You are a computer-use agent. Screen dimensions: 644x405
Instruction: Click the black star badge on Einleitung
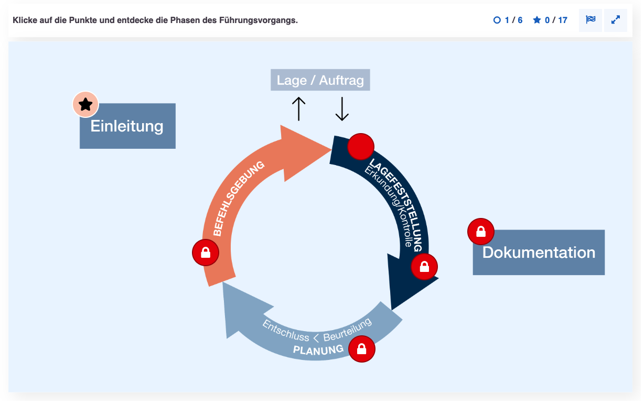(x=85, y=104)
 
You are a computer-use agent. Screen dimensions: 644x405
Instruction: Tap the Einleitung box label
(x=127, y=126)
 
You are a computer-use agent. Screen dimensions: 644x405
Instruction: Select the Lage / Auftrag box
(x=320, y=80)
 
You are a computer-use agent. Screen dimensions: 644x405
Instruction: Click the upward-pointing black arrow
(x=299, y=109)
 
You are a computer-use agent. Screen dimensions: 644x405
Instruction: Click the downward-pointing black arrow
(x=342, y=109)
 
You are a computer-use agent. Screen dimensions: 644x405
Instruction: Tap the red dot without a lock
(x=361, y=147)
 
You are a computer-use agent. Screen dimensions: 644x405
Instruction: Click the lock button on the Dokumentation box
(x=481, y=232)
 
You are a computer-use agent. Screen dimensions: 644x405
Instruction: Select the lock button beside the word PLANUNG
(x=362, y=349)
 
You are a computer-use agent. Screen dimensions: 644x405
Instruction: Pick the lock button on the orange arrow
(x=206, y=253)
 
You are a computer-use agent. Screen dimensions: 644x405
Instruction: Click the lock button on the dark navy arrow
(x=424, y=267)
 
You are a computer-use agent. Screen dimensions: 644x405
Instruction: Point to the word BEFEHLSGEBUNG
(x=238, y=199)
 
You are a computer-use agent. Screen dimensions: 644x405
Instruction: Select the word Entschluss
(x=285, y=331)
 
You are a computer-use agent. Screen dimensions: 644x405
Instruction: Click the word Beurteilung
(x=348, y=330)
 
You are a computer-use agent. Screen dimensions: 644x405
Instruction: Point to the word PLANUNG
(x=318, y=350)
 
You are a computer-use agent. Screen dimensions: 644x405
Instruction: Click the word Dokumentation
(x=539, y=253)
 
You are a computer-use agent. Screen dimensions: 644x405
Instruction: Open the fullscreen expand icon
(x=616, y=20)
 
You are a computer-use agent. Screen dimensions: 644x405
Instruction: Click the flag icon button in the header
(x=591, y=20)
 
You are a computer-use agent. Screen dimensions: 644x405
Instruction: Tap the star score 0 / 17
(x=550, y=20)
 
